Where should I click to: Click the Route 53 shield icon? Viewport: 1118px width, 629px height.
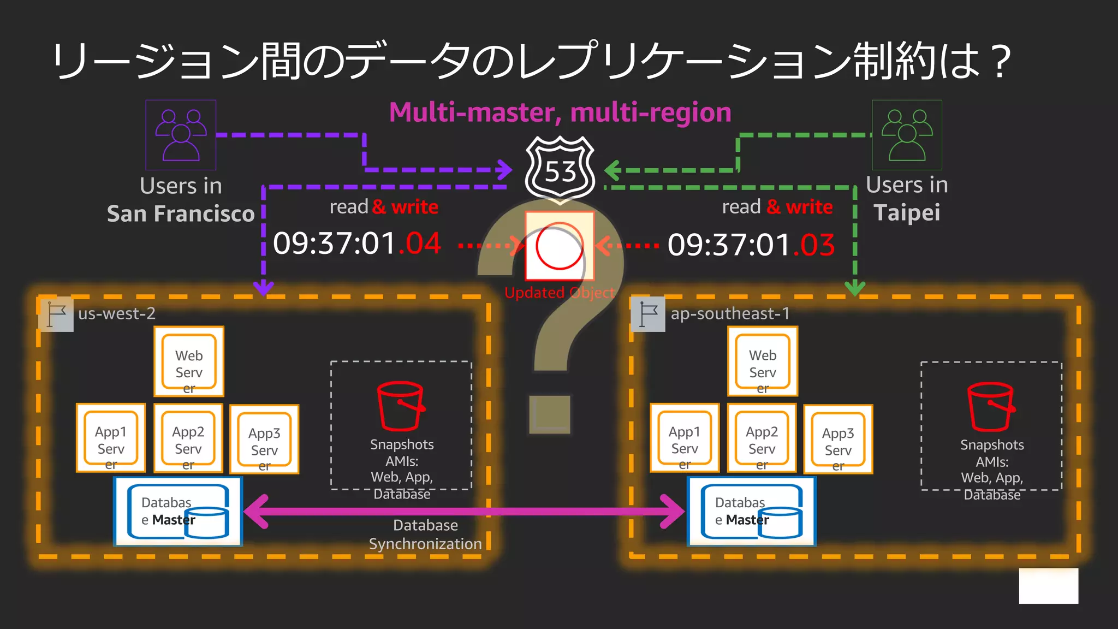(x=560, y=169)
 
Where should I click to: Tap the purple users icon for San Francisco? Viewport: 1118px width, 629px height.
(x=181, y=135)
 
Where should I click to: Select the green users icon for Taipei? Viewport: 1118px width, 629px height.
(x=907, y=135)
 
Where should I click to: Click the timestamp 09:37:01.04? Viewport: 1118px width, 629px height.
(x=356, y=244)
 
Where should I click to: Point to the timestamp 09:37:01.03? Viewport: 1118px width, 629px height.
(x=751, y=245)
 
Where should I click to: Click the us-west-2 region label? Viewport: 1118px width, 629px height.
(x=117, y=313)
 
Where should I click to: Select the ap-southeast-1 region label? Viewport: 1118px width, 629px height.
(x=730, y=313)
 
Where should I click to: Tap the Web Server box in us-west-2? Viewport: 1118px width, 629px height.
(x=189, y=361)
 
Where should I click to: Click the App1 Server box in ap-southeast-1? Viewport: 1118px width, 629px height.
(x=685, y=438)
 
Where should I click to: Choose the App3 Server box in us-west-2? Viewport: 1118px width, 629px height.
(x=264, y=440)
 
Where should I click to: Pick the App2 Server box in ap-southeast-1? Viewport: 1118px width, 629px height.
(x=762, y=438)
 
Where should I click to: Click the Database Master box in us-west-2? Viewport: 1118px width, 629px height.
(x=178, y=512)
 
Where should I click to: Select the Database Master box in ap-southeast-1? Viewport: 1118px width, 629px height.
(x=752, y=512)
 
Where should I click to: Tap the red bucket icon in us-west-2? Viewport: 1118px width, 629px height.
(x=401, y=406)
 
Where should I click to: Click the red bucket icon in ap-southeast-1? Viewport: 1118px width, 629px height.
(x=991, y=407)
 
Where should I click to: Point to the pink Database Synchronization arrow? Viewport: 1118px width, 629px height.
(x=464, y=512)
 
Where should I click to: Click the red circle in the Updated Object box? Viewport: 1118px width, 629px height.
(x=559, y=246)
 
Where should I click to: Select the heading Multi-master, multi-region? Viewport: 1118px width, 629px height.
(x=560, y=112)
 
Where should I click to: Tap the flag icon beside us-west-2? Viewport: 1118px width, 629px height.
(x=56, y=314)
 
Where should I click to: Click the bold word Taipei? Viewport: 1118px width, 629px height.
(x=907, y=212)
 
